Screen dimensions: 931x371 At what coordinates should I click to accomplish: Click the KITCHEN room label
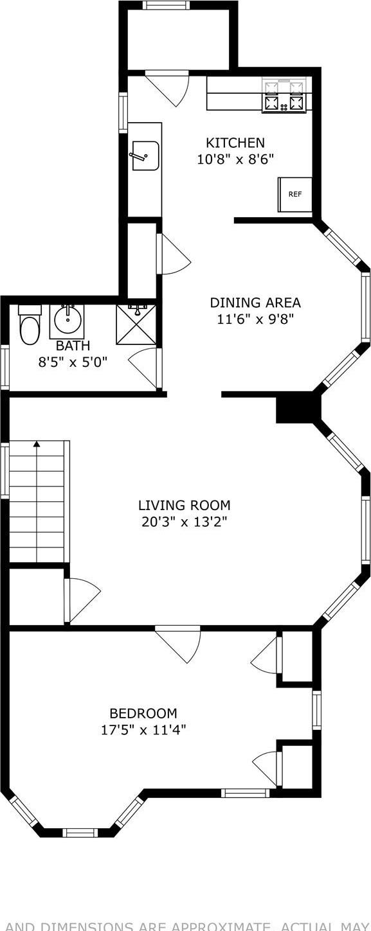pyautogui.click(x=235, y=143)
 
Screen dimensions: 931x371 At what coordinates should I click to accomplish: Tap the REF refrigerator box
pyautogui.click(x=294, y=194)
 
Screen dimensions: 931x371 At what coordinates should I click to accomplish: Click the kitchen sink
pyautogui.click(x=145, y=156)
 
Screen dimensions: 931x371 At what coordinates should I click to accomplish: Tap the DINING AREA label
pyautogui.click(x=255, y=303)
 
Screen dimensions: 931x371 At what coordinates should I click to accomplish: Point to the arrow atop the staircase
pyautogui.click(x=37, y=443)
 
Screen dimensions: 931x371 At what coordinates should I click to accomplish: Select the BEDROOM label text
pyautogui.click(x=143, y=713)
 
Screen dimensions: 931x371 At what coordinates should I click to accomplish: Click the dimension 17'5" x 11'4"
pyautogui.click(x=143, y=729)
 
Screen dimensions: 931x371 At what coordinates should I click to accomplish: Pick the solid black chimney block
pyautogui.click(x=298, y=409)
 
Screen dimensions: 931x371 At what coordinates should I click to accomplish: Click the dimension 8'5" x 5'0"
pyautogui.click(x=72, y=362)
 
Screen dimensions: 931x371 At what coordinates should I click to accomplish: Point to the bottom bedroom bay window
pyautogui.click(x=80, y=833)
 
